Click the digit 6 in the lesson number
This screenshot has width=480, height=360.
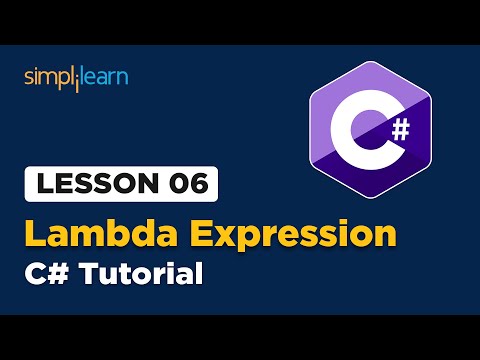(x=193, y=186)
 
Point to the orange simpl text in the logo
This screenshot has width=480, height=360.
(x=48, y=77)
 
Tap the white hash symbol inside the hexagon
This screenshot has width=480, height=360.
(x=399, y=128)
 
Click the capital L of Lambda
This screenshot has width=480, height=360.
(x=37, y=233)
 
